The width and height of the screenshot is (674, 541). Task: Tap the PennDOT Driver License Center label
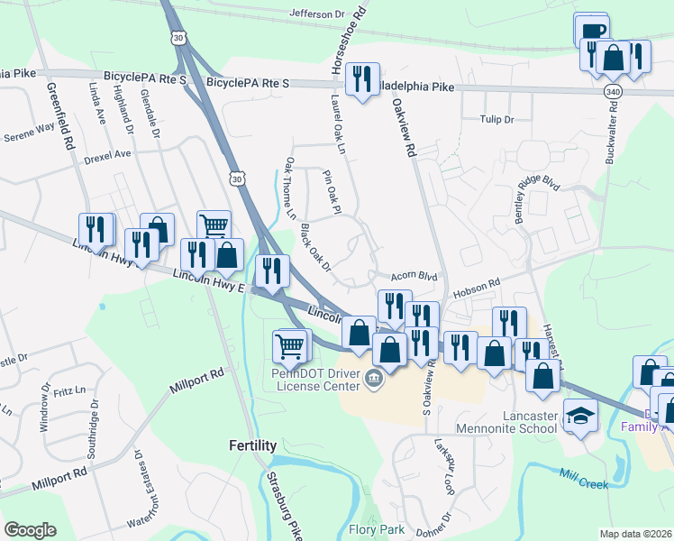pyautogui.click(x=316, y=380)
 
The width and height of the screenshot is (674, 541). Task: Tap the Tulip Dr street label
pyautogui.click(x=496, y=119)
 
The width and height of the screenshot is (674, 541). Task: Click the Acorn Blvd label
pyautogui.click(x=414, y=277)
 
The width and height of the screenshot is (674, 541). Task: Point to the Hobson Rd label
pyautogui.click(x=476, y=286)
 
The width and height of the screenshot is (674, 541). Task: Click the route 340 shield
pyautogui.click(x=613, y=92)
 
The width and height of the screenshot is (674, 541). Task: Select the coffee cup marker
pyautogui.click(x=590, y=31)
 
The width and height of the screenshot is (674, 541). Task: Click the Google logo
pyautogui.click(x=30, y=530)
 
